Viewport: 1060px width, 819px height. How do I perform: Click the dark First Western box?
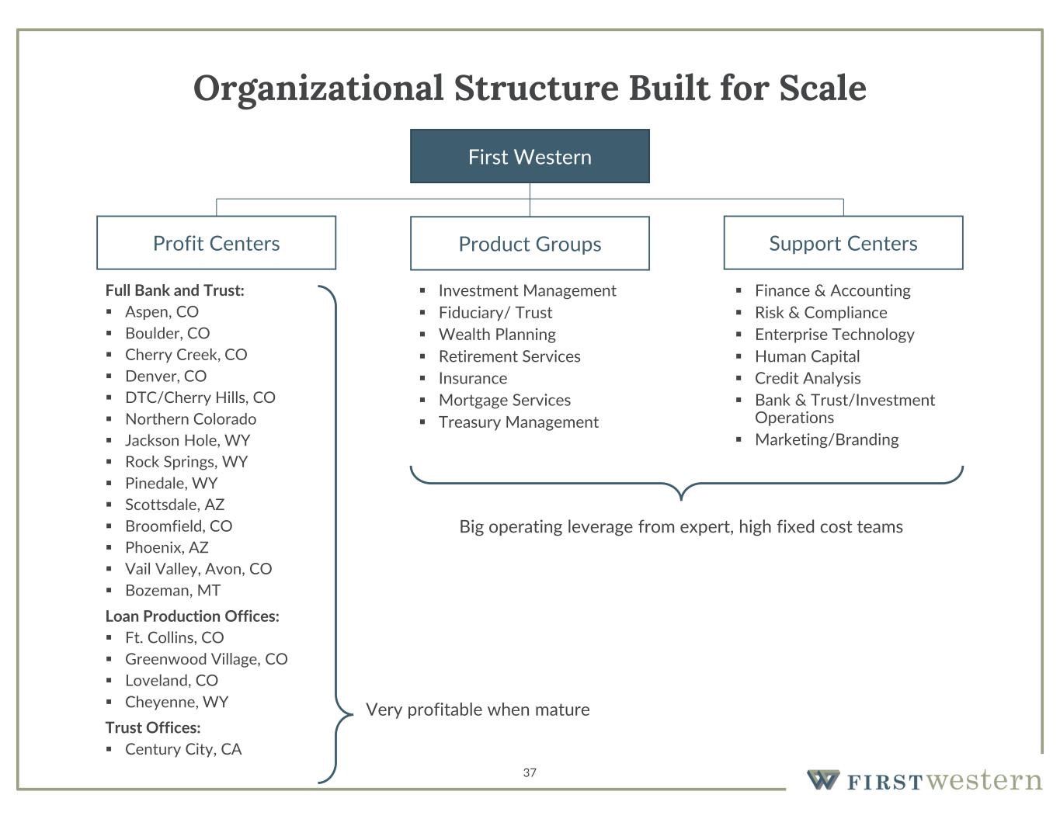[530, 156]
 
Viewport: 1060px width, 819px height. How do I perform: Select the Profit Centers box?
[216, 243]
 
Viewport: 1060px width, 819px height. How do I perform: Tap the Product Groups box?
[530, 244]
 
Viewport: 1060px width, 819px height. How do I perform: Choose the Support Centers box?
[843, 243]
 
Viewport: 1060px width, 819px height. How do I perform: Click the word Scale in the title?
[822, 87]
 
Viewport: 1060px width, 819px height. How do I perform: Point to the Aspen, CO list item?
[162, 311]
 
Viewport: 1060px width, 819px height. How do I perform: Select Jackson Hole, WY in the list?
[187, 440]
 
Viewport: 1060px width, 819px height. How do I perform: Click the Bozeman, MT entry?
[172, 590]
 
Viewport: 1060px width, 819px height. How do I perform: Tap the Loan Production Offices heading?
[192, 616]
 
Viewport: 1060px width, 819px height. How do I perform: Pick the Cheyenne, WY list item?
[176, 702]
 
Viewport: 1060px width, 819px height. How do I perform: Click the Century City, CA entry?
[183, 749]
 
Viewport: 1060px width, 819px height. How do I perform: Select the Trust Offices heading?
[153, 727]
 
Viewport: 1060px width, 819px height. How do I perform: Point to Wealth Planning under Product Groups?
[497, 334]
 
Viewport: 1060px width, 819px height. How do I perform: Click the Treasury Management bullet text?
[518, 422]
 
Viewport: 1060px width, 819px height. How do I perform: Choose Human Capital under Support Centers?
[807, 356]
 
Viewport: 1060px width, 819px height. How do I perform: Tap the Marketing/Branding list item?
[826, 439]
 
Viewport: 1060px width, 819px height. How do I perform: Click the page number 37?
[530, 772]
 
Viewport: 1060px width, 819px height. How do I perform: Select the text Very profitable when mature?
[478, 710]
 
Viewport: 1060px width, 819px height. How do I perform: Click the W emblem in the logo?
[823, 779]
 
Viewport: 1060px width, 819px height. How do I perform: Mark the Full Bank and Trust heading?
[175, 290]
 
